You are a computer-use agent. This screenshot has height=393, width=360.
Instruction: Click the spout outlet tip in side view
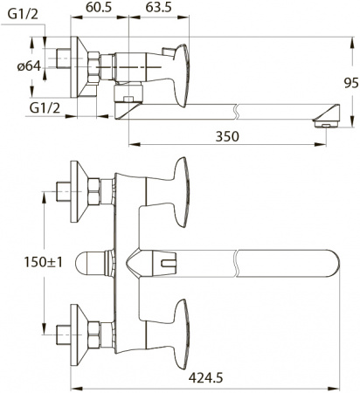324,119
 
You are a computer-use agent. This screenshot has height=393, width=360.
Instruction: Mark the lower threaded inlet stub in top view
61,333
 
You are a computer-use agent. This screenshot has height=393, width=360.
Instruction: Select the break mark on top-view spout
239,262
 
